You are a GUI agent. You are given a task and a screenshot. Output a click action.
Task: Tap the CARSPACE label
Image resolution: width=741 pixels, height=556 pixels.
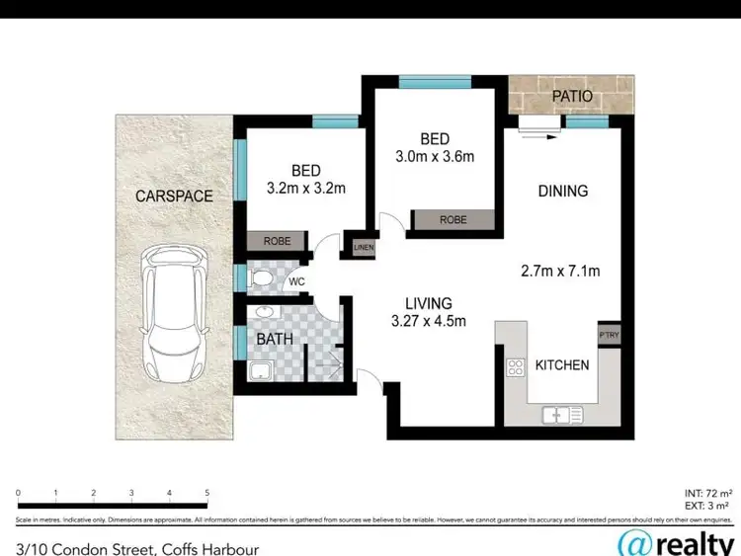pos(174,196)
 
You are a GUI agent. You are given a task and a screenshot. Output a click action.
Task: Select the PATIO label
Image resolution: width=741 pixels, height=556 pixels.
pos(572,97)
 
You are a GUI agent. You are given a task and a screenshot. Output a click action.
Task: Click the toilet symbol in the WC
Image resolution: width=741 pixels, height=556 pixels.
pos(262,279)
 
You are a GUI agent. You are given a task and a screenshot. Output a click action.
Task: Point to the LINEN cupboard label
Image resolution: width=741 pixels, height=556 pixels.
pos(364,247)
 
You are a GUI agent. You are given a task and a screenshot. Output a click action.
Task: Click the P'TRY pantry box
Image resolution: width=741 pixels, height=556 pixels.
pos(608,336)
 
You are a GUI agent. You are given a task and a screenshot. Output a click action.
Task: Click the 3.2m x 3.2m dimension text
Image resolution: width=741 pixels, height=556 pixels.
pos(305,187)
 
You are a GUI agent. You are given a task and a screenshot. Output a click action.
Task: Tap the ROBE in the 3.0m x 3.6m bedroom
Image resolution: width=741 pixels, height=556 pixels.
pos(453,219)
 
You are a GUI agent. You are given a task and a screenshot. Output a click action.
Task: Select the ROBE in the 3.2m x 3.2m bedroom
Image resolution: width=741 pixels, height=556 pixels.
pos(277,241)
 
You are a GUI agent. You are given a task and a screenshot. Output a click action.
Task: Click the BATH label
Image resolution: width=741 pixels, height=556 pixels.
pos(275,339)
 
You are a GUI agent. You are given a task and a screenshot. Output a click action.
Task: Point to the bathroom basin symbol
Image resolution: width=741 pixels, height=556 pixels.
pos(264,313)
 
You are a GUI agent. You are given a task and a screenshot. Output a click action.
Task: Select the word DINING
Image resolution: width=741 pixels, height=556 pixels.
pos(562,191)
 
